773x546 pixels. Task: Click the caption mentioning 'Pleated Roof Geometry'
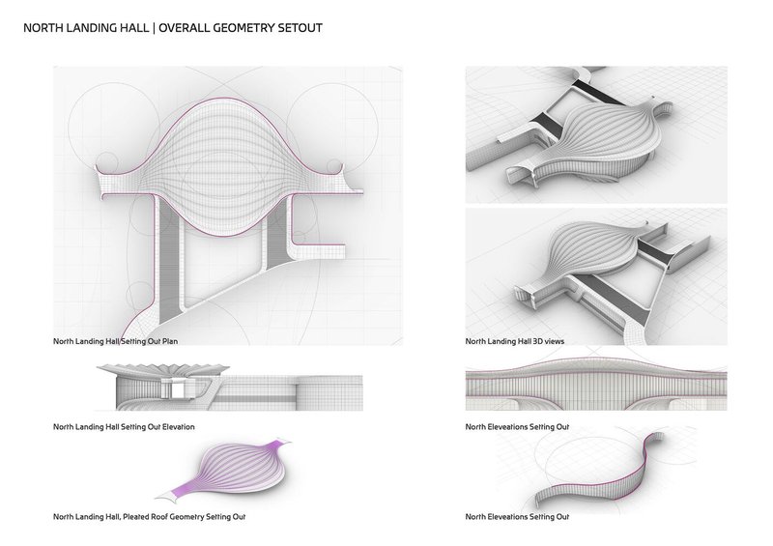[149, 517]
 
